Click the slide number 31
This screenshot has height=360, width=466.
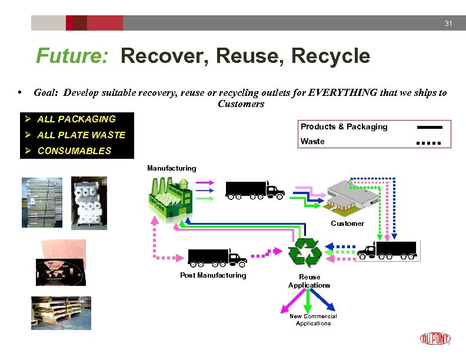[448, 23]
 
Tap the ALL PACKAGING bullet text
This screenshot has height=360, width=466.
[76, 119]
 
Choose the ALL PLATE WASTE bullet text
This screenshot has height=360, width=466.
[81, 135]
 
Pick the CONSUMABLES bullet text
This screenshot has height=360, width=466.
[74, 151]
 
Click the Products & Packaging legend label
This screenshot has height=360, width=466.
[344, 126]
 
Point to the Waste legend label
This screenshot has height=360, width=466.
[312, 141]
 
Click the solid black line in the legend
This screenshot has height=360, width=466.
[429, 127]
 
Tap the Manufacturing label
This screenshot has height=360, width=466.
[172, 168]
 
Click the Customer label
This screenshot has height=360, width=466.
[347, 224]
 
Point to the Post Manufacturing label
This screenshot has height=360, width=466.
[213, 275]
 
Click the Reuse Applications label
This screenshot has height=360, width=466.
[309, 281]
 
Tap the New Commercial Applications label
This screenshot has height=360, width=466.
[313, 319]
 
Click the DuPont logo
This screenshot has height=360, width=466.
[435, 338]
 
